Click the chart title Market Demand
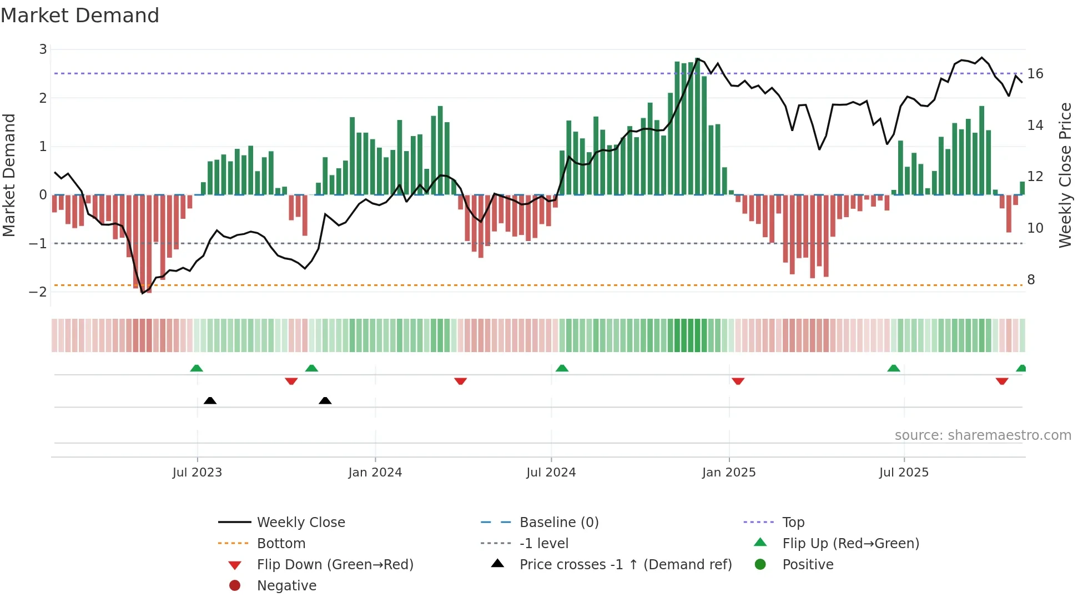click(80, 16)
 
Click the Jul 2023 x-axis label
click(197, 473)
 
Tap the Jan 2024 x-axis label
click(375, 473)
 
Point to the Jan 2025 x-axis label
click(728, 473)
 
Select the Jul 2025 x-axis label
click(904, 473)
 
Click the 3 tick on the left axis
click(43, 49)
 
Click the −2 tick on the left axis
click(39, 292)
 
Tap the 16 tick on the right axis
click(1035, 74)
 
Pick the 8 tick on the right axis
click(1031, 280)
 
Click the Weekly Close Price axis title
click(1065, 175)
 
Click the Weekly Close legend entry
click(300, 523)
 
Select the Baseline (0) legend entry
click(558, 523)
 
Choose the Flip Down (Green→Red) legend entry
click(335, 565)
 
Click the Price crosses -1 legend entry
click(625, 565)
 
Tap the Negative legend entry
click(286, 586)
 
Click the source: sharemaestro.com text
click(983, 435)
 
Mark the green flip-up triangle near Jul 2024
click(562, 368)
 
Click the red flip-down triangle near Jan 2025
click(738, 381)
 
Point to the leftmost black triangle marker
click(210, 400)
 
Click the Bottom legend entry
click(281, 544)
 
